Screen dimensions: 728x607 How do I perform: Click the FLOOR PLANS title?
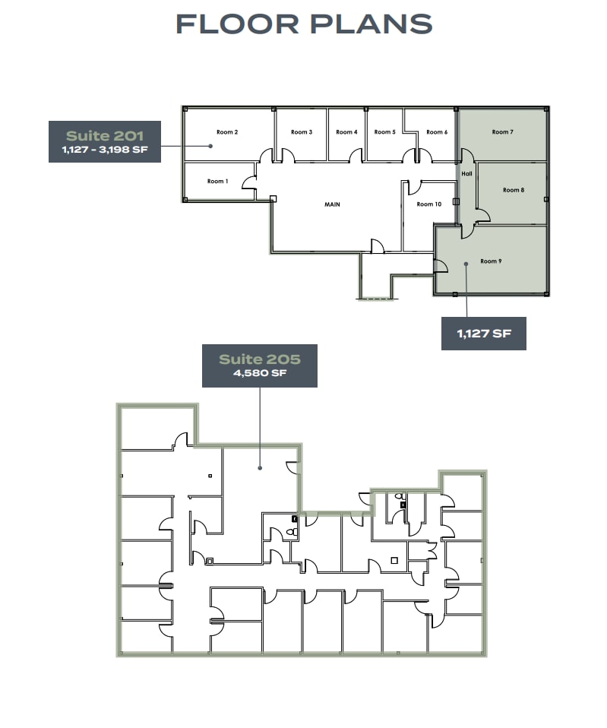tap(304, 24)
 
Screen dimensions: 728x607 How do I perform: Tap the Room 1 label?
tap(216, 182)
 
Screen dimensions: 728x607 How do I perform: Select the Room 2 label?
tap(227, 132)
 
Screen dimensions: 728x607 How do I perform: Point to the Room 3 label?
tap(301, 132)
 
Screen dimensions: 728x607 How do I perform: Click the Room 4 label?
tap(346, 132)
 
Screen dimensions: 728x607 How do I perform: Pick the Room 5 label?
tap(384, 132)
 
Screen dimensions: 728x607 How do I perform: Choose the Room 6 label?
tap(436, 132)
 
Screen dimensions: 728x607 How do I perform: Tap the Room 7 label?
tap(502, 132)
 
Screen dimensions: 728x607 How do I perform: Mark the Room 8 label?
tap(513, 190)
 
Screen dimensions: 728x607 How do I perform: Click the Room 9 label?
tap(491, 261)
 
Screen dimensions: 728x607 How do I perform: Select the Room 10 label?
tap(428, 204)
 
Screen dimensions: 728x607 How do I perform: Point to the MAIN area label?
tap(332, 204)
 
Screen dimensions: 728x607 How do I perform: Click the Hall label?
tap(466, 174)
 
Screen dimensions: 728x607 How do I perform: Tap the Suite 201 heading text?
tap(104, 135)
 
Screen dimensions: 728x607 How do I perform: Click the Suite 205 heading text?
tap(259, 359)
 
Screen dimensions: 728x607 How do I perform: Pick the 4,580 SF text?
tap(259, 374)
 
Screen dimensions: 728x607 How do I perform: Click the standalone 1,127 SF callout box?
tap(483, 333)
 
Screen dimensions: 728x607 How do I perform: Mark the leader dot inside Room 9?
tap(465, 265)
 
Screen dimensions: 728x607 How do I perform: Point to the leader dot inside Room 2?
tap(210, 145)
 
